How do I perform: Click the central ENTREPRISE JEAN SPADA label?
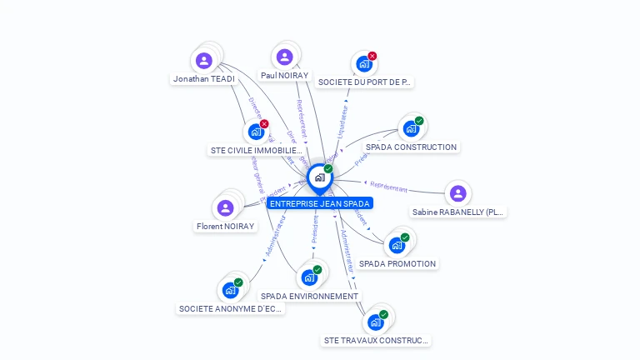point(319,203)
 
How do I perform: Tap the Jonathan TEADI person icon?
point(204,60)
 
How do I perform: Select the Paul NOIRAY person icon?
point(284,57)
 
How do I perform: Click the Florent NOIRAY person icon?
point(225,207)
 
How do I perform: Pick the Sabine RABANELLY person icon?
point(457,193)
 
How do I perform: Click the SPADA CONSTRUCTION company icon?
point(410,128)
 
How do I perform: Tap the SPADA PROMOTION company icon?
point(396,245)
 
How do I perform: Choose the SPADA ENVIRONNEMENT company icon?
point(309,277)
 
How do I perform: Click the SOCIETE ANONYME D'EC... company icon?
point(230,290)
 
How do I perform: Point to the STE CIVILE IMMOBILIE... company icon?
point(255,132)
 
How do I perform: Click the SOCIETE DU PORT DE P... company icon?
point(363,63)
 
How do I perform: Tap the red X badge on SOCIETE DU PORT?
point(372,56)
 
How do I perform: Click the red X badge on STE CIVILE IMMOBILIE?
point(264,124)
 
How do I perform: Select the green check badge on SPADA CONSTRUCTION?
point(419,121)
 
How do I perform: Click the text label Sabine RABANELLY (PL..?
point(458,212)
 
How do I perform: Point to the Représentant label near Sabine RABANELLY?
point(388,187)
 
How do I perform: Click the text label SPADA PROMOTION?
point(397,263)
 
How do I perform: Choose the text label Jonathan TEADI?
point(203,78)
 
